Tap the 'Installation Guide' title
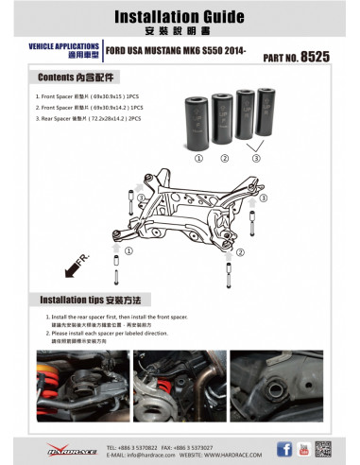[x=180, y=17]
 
